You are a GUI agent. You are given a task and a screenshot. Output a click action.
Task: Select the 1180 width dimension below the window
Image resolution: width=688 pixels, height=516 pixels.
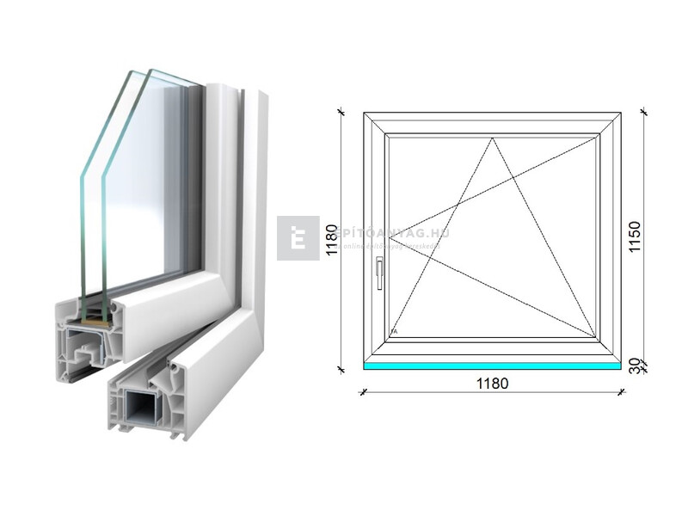click(x=491, y=384)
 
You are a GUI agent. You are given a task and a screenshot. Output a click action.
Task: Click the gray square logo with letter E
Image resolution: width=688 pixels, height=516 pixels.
click(x=298, y=237)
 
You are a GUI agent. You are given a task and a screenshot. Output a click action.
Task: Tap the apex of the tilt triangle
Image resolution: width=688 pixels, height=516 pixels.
click(x=494, y=138)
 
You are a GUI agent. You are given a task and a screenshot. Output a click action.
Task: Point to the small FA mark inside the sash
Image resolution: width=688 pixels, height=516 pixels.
click(x=394, y=331)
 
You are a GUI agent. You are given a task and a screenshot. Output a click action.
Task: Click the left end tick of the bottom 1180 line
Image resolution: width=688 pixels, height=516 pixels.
click(x=364, y=392)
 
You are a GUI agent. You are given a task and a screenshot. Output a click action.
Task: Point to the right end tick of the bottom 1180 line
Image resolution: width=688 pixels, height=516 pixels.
click(x=621, y=392)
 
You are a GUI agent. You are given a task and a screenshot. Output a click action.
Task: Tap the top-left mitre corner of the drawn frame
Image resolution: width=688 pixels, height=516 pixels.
click(x=365, y=113)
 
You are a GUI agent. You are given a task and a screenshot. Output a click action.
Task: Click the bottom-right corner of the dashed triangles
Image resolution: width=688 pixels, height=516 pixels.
click(x=596, y=336)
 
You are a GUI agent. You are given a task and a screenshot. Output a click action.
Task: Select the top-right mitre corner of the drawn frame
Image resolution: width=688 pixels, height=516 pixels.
click(x=620, y=113)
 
